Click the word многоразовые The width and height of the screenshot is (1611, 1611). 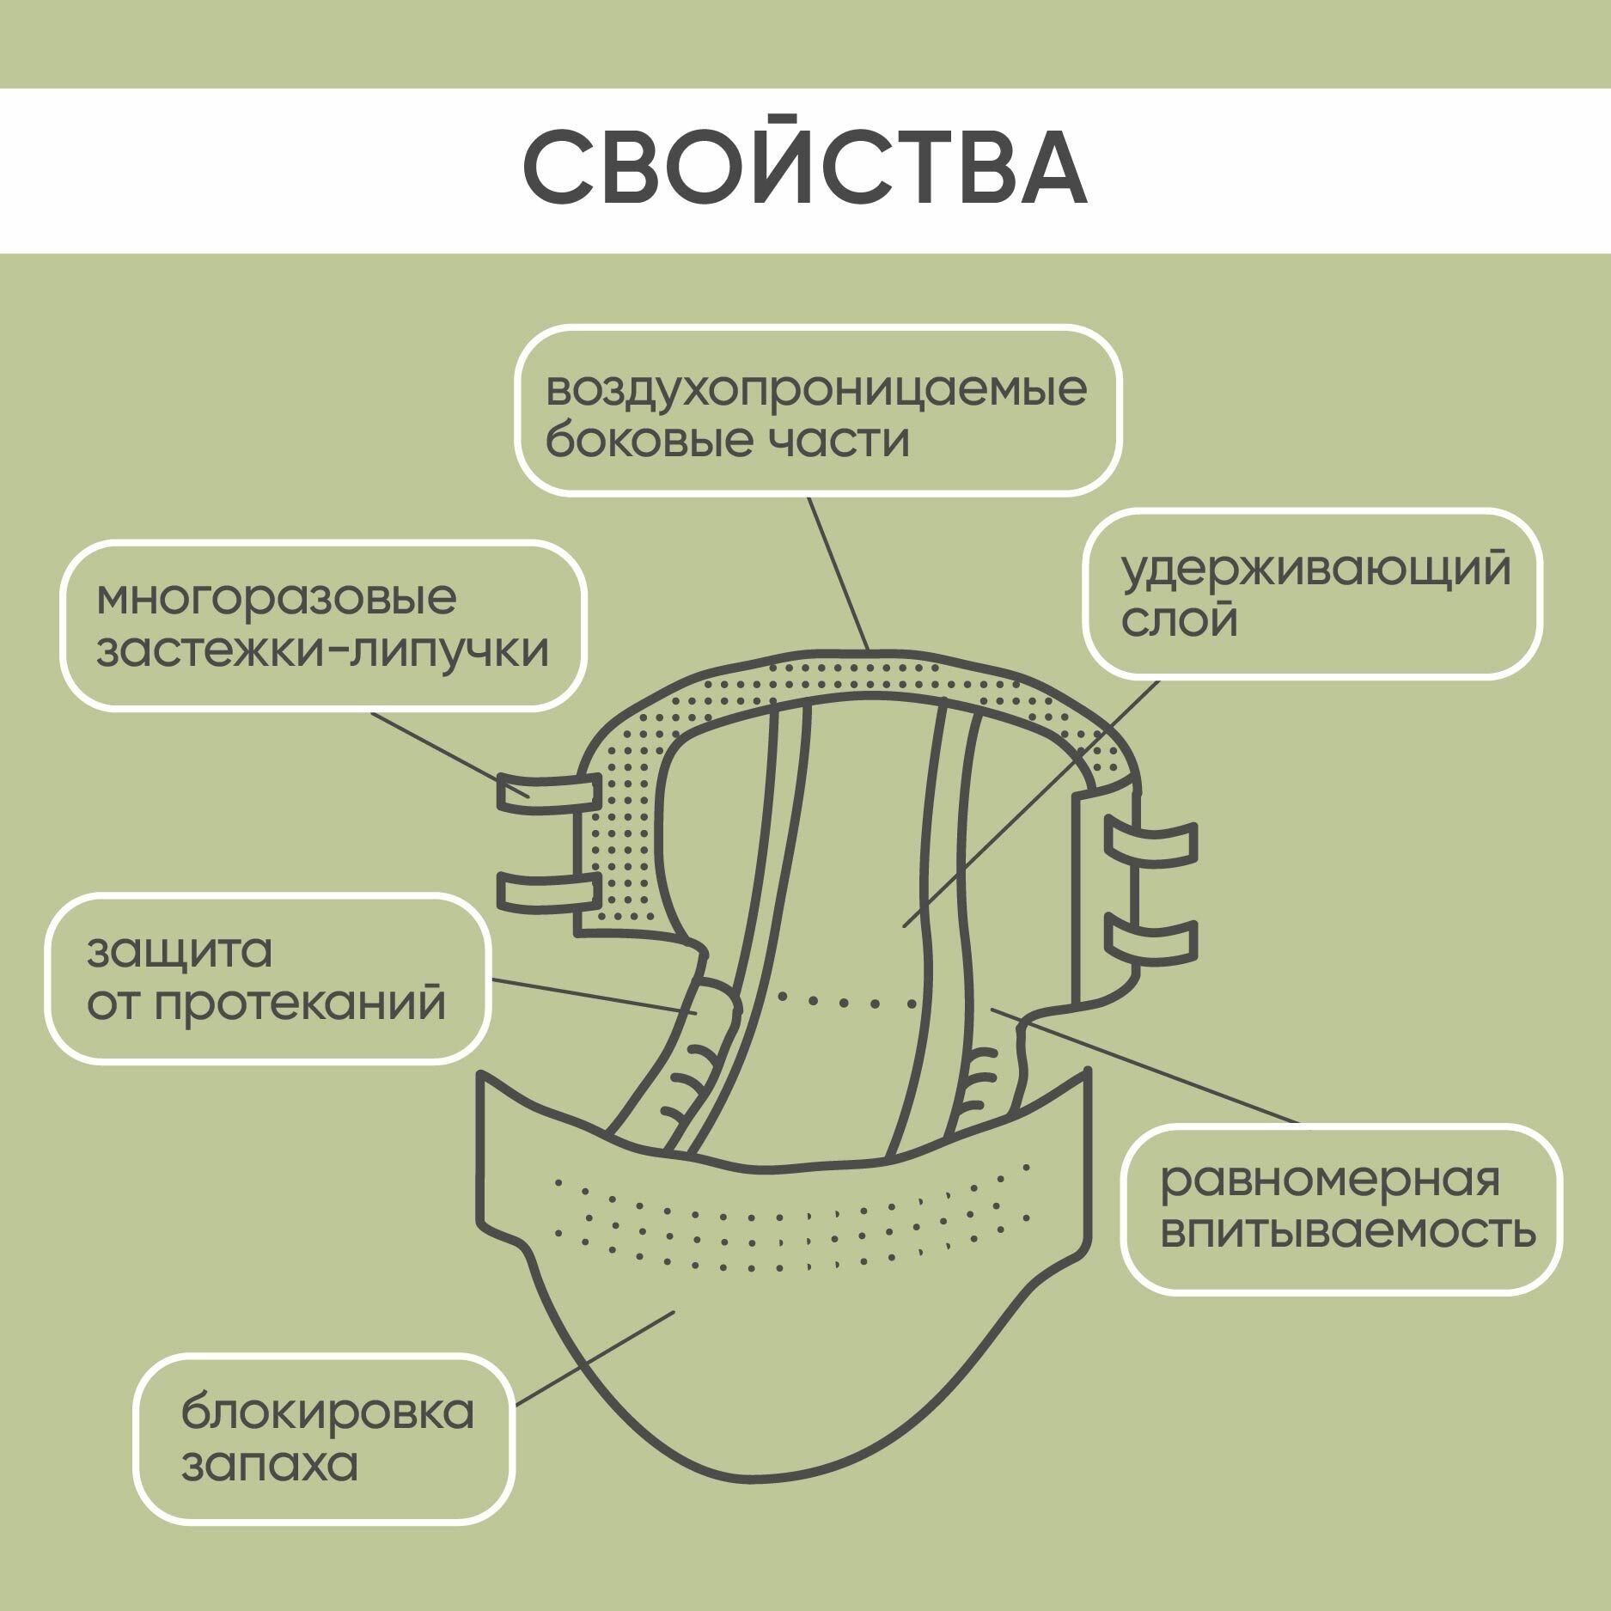276,599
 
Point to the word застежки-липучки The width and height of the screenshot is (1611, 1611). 322,650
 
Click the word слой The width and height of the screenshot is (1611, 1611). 1179,619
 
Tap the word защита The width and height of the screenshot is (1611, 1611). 180,952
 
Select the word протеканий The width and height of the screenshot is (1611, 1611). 300,1004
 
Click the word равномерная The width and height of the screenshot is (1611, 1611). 1329,1181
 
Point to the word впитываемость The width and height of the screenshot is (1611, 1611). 1347,1231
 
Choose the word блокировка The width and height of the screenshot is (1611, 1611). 327,1412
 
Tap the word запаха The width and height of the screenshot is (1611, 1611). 269,1463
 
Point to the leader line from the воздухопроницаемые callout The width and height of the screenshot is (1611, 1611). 839,572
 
